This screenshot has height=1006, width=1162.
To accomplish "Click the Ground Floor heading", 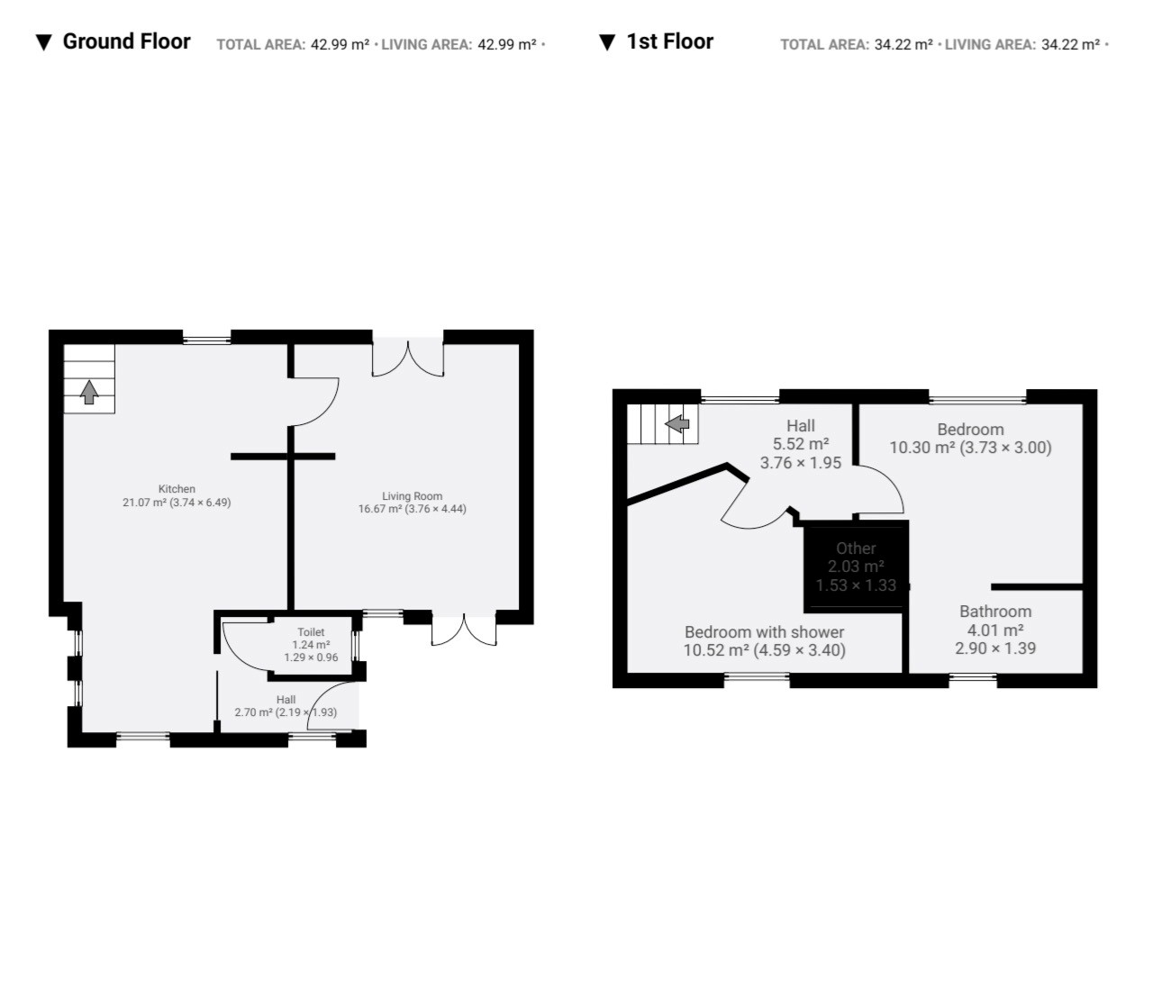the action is pos(126,41).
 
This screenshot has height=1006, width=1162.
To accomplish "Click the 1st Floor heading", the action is pos(669,41).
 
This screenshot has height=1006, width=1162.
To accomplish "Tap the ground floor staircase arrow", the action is pos(89,392).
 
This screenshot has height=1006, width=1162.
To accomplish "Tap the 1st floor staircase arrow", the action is pos(677,424).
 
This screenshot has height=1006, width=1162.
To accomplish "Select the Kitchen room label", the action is pos(177,489).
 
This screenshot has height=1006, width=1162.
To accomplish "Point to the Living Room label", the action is pos(412,496).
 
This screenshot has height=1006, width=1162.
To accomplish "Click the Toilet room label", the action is pos(311,632).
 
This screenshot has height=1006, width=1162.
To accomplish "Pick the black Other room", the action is pos(856,566).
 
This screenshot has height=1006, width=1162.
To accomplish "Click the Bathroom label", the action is pos(995,611).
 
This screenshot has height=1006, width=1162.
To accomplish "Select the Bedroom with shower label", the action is pos(764,631).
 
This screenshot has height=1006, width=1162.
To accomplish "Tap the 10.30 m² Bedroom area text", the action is pos(922,448).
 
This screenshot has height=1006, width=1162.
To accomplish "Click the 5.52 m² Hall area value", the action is pos(801,444).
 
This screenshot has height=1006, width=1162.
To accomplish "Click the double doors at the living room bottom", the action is pos(465,630).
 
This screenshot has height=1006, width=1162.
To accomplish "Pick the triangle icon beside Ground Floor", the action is pos(43,42).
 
